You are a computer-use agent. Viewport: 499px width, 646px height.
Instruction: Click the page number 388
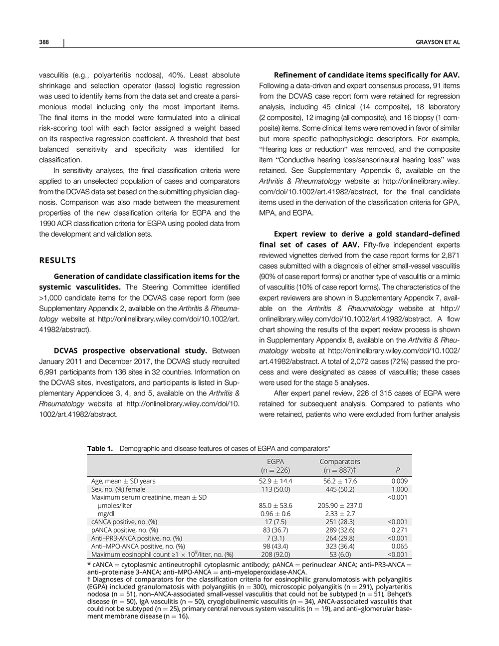click(43, 42)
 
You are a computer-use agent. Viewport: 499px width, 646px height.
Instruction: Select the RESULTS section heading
click(57, 260)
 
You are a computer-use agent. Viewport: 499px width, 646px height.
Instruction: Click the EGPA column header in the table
click(275, 462)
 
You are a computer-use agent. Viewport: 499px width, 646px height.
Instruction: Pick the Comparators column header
click(339, 462)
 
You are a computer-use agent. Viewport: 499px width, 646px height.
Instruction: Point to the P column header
click(397, 470)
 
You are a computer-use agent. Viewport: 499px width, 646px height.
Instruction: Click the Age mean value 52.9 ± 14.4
click(276, 481)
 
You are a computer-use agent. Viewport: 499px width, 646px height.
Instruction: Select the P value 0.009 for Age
click(400, 481)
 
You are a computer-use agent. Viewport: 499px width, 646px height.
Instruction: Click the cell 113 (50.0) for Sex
click(275, 489)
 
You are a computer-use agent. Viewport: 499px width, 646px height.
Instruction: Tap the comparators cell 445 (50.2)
click(339, 489)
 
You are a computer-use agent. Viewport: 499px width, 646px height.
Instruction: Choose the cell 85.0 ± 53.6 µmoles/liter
click(276, 505)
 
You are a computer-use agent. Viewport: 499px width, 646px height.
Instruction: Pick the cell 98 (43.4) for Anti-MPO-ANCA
click(275, 546)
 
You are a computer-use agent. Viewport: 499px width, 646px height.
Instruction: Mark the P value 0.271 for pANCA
click(400, 530)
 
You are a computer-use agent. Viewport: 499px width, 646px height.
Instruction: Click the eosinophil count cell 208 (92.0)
click(275, 554)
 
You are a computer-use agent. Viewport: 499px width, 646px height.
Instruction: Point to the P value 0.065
click(400, 546)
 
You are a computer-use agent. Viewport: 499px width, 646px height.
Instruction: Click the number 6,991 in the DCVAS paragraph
click(49, 372)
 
